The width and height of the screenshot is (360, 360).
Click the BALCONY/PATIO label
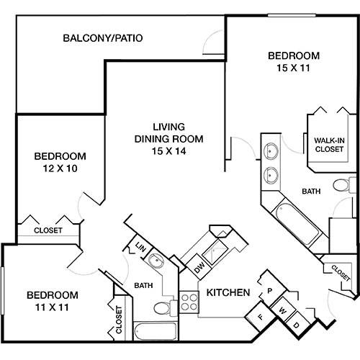click(103, 38)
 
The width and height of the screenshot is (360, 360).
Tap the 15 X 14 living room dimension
click(168, 151)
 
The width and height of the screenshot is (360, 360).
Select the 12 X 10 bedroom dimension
click(60, 168)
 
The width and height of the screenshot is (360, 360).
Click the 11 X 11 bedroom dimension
click(52, 307)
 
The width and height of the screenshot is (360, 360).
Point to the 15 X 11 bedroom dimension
click(294, 68)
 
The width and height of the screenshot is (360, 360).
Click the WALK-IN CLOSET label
click(329, 145)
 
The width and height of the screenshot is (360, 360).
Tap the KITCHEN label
click(228, 292)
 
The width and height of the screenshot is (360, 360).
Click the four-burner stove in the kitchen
click(189, 302)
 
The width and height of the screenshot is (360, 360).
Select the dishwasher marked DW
click(199, 267)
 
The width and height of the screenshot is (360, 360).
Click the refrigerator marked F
click(261, 317)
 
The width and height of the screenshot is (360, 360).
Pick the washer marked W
click(283, 311)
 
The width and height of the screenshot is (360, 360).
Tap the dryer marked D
click(297, 325)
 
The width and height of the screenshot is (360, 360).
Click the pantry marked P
click(271, 291)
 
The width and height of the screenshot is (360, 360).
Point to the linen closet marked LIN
click(140, 247)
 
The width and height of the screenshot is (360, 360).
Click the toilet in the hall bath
click(165, 307)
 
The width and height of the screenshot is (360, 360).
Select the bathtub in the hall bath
click(156, 330)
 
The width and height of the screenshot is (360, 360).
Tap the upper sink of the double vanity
click(271, 151)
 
